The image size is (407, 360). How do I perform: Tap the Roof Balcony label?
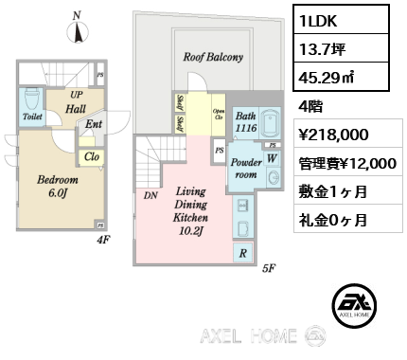213,57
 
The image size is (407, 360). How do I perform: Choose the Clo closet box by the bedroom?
93,157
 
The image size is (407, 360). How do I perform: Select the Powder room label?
245,168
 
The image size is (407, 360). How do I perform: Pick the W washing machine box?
273,157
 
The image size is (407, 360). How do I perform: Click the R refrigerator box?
244,253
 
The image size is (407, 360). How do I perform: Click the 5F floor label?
268,268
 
